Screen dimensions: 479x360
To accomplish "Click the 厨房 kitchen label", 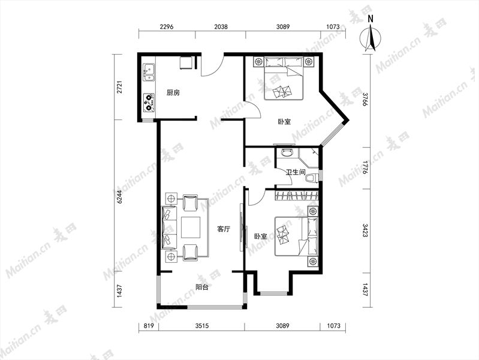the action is pos(173,92).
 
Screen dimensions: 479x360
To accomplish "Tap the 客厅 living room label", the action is pos(224,229).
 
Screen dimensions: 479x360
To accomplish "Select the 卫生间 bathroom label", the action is pos(296,172).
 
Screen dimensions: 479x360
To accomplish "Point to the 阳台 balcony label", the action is pos(202,287).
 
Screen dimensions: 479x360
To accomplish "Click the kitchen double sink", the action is pos(149,73).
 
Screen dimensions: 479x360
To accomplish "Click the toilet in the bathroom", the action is pos(312,178).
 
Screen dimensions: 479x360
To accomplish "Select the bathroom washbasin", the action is pos(287,152).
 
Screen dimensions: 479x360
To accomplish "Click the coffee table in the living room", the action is pos(191,227).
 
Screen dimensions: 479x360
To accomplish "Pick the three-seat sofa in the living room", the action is pos(169,227).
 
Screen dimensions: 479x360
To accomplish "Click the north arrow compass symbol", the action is pos(370,36).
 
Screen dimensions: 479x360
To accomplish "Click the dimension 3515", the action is pos(202,326).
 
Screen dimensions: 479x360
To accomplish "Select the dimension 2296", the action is pos(167,26).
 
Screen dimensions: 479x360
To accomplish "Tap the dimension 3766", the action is pos(366,99).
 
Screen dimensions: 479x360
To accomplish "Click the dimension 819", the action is pos(149,326).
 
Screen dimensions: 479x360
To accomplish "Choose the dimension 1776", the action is pos(366,167).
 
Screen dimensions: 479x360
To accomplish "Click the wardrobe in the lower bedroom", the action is pos(297,196).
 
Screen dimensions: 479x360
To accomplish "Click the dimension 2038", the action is pos(221,26).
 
